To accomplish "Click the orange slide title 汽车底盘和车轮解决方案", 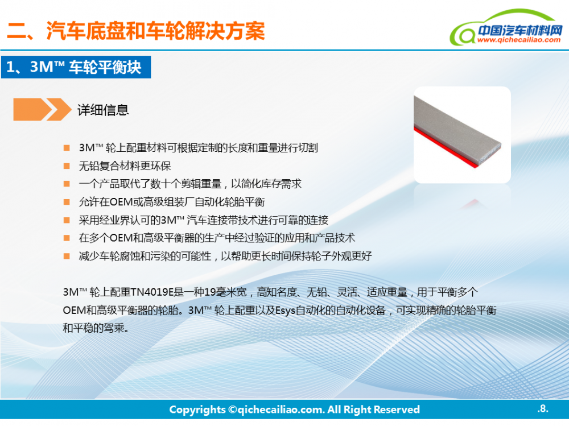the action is [x=155, y=31].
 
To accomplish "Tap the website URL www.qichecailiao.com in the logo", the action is [x=519, y=40].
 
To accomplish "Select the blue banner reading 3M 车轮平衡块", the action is [x=76, y=67].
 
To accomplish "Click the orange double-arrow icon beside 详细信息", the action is [x=42, y=109].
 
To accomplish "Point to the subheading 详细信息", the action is [x=103, y=110].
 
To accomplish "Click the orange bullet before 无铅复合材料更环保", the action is [x=67, y=166].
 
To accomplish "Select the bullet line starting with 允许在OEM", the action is [x=172, y=202].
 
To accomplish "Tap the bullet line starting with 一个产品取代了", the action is [x=190, y=184].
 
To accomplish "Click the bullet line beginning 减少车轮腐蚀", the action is [x=225, y=256].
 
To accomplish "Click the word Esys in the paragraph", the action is [x=285, y=311].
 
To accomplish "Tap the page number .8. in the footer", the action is [x=543, y=408].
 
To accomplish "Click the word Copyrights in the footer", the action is [x=197, y=410].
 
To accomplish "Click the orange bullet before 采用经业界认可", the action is [x=67, y=220].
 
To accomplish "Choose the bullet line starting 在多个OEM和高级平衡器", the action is [x=217, y=238].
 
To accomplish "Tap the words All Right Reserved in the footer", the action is [x=373, y=410].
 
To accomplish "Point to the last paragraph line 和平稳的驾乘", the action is [x=96, y=328].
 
